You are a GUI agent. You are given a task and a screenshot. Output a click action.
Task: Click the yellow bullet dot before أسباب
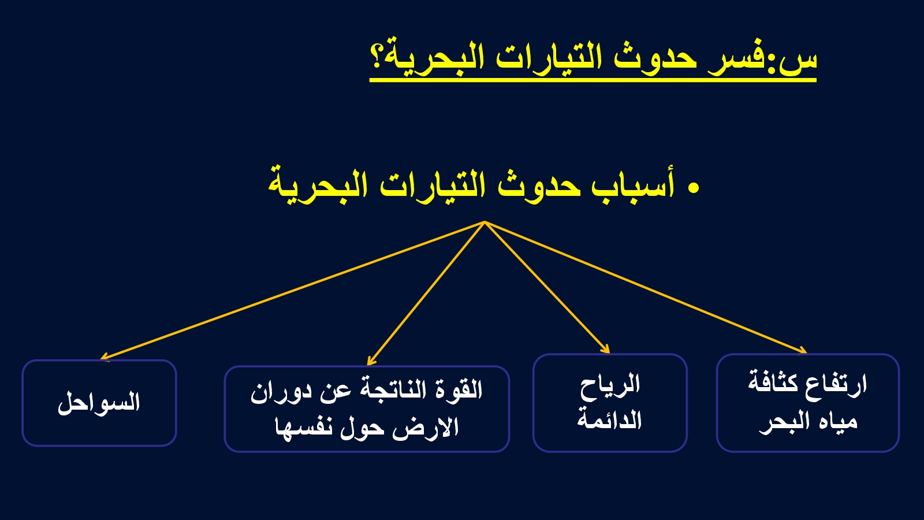[x=694, y=188]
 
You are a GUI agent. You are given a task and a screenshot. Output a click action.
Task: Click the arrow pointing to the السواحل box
[x=292, y=291]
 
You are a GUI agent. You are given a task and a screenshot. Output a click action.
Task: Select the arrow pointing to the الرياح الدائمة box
[x=547, y=287]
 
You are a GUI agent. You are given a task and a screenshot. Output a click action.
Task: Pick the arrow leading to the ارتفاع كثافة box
[x=646, y=287]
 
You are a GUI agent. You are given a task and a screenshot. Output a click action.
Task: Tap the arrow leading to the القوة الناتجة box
[x=426, y=294]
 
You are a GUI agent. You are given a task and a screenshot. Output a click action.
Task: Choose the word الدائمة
[x=609, y=419]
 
